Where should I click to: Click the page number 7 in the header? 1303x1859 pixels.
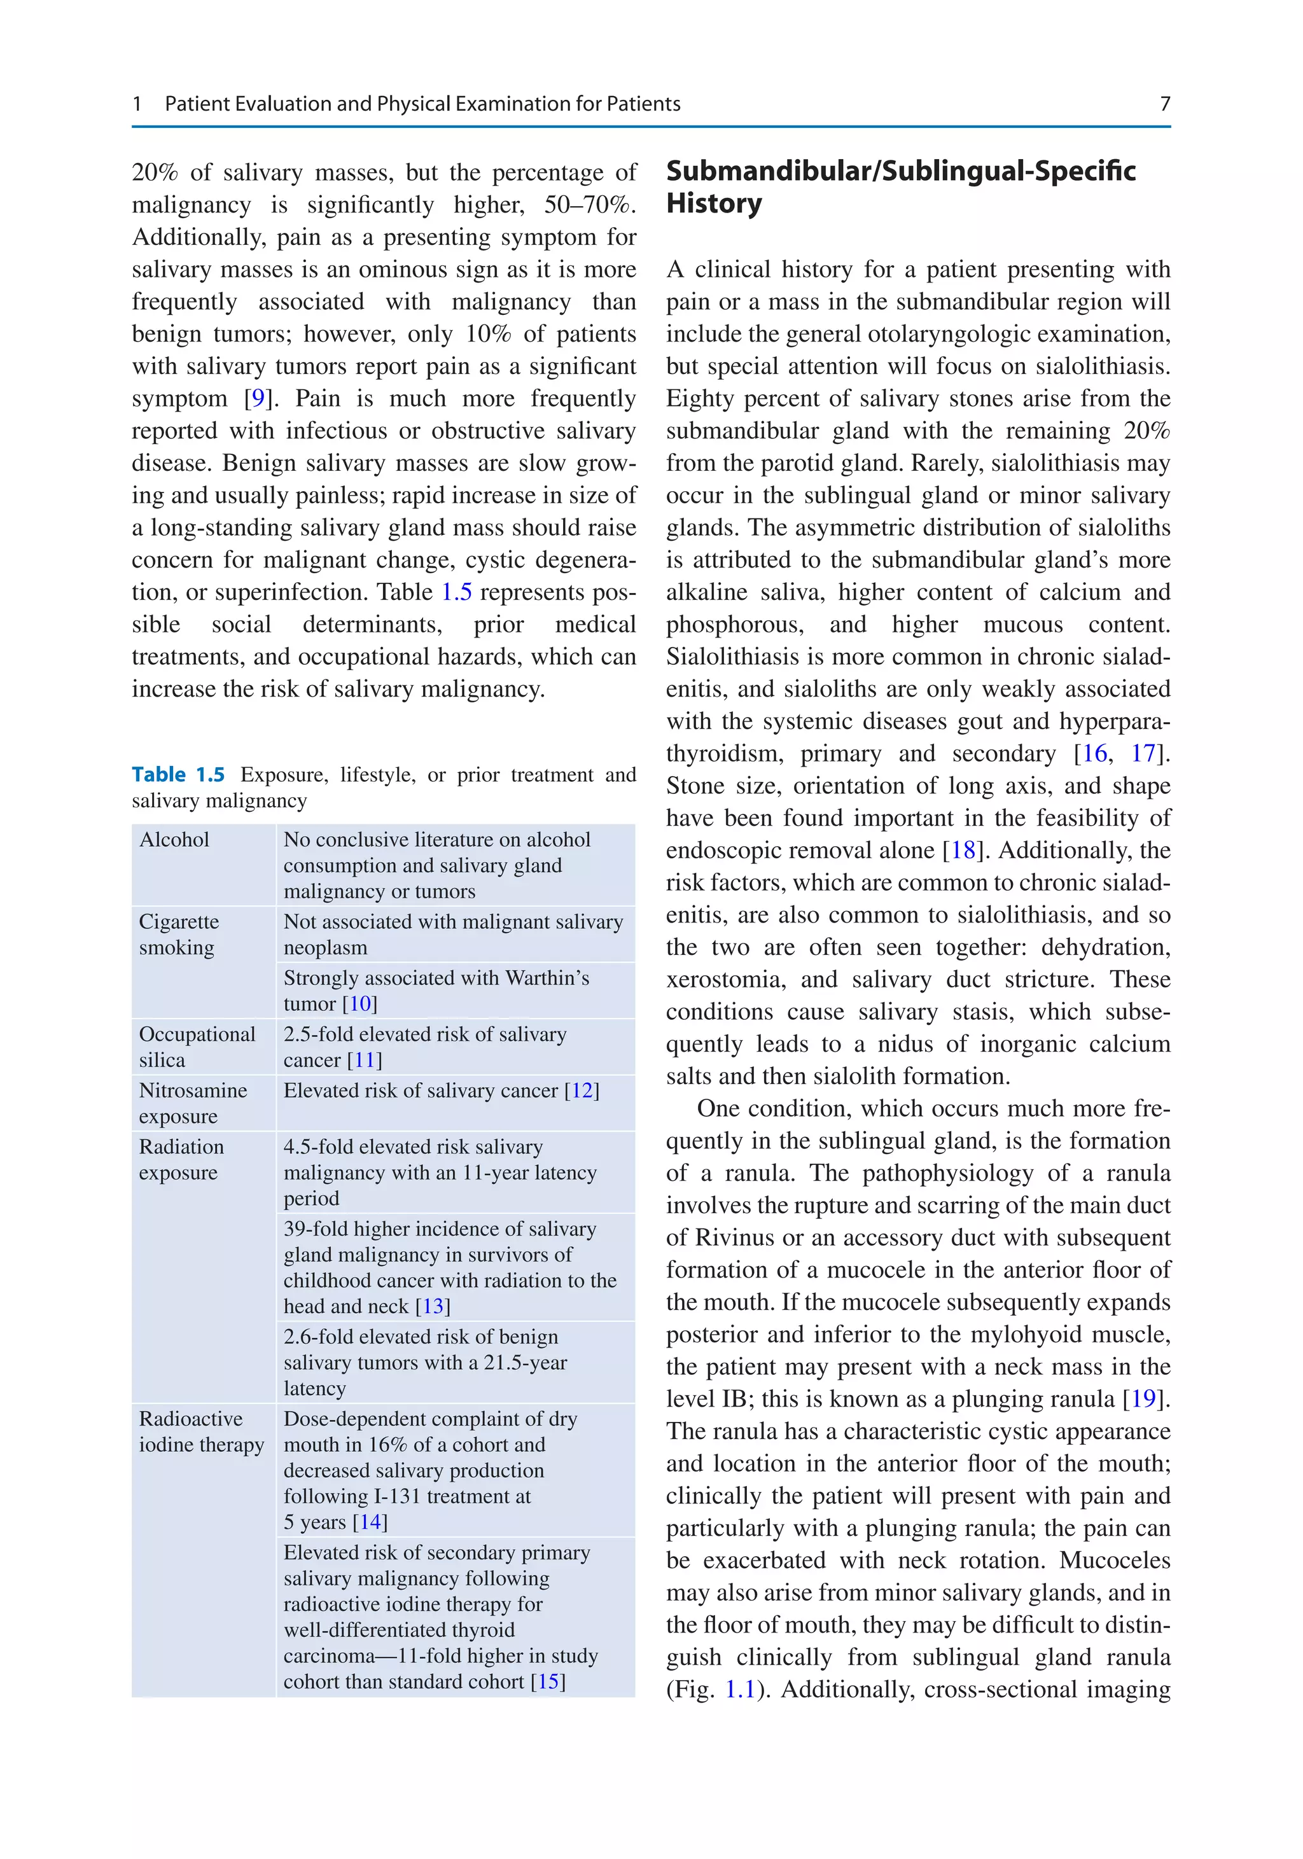point(1164,104)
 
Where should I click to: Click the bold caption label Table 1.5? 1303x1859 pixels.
point(178,775)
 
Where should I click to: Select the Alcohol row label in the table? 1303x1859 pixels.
point(174,840)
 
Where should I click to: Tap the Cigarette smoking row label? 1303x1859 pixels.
point(178,935)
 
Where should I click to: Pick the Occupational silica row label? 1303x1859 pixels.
point(197,1047)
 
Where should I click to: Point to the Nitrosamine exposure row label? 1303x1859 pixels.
point(193,1103)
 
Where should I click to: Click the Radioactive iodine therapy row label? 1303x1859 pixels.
point(201,1431)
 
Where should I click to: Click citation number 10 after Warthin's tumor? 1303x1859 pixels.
point(359,1004)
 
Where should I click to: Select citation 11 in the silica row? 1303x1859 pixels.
point(364,1061)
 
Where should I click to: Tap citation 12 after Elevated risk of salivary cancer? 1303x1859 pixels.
point(582,1090)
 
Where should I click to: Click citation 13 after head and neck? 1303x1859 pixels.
point(433,1307)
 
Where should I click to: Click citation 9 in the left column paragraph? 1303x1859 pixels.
point(258,398)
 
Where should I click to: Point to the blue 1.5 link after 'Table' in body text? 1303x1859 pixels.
point(456,592)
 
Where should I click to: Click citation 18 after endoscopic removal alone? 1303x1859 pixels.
point(962,850)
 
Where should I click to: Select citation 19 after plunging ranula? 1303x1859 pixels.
point(1143,1399)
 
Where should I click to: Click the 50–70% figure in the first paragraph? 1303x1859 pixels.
point(589,205)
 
